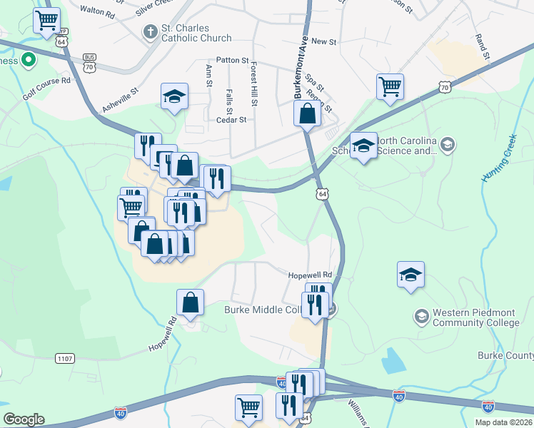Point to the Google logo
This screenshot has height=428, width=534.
(24, 419)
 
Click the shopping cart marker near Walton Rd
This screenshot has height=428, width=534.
(46, 21)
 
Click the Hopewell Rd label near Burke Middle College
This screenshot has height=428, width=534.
(311, 275)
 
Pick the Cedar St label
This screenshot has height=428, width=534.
(232, 120)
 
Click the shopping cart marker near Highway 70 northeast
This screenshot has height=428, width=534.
(390, 87)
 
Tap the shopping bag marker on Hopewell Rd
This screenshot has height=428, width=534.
(191, 302)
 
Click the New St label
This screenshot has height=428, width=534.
(323, 42)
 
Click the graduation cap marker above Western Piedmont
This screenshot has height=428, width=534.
(410, 275)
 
